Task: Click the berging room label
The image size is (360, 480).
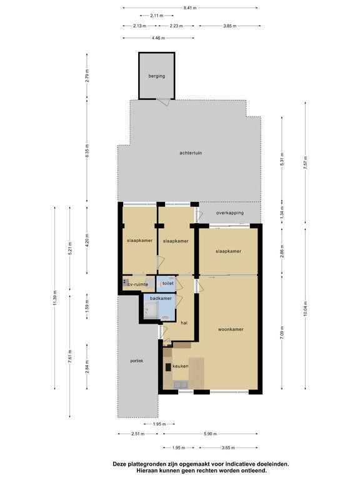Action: tap(157, 76)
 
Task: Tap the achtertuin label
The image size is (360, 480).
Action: tap(191, 152)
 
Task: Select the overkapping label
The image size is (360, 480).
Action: tap(230, 212)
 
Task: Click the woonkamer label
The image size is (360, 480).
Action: tap(231, 329)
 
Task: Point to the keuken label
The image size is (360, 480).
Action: tap(180, 366)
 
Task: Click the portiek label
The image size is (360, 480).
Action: tap(136, 361)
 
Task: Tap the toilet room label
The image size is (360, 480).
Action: tap(168, 283)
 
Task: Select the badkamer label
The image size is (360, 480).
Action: tap(161, 298)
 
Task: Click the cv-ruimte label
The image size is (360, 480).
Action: tap(137, 284)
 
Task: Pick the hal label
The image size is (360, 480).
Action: tap(184, 323)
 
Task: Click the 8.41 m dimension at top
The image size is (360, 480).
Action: tap(190, 8)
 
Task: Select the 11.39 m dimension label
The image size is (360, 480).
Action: tap(55, 298)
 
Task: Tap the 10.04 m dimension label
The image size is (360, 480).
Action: tap(305, 310)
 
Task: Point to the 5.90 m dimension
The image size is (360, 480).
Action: tap(210, 434)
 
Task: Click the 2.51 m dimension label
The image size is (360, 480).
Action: tap(138, 434)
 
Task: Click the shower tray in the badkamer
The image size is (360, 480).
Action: tap(151, 311)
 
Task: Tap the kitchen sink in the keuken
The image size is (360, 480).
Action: tap(181, 385)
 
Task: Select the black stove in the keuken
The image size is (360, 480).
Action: tap(168, 367)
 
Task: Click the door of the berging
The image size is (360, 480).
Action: tap(163, 102)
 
